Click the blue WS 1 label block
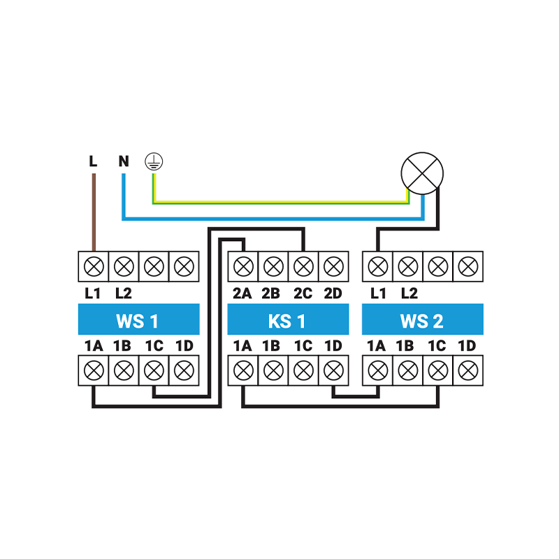tap(138, 321)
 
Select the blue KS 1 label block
tap(288, 321)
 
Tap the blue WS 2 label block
tap(422, 321)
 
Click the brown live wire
tap(94, 210)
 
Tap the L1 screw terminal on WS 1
tap(94, 266)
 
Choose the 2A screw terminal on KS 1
tap(243, 266)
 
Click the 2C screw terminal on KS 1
tap(303, 266)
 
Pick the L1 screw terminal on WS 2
tap(378, 266)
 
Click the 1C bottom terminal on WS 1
tap(154, 370)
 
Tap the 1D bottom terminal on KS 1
tap(333, 370)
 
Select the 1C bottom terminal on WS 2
tap(438, 370)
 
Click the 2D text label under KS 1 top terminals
tap(333, 293)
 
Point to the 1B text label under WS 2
tap(407, 345)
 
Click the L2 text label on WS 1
tap(124, 293)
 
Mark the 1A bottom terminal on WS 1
tap(94, 370)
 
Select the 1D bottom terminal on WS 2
tap(467, 370)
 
